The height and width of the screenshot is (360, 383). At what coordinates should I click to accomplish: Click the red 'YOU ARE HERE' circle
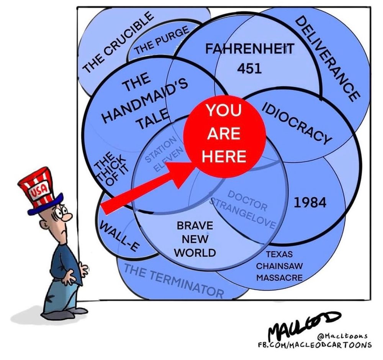(x=224, y=134)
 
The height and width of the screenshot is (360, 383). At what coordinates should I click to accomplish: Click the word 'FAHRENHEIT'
(x=250, y=49)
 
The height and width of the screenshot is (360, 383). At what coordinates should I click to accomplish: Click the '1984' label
(x=310, y=203)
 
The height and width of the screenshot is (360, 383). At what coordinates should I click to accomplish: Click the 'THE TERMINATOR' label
(x=174, y=281)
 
